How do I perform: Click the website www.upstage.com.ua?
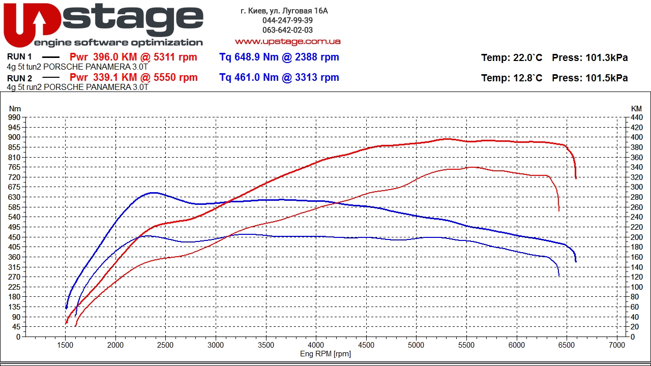(x=287, y=42)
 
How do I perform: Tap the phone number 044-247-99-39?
(x=287, y=20)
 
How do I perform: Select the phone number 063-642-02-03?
(x=287, y=30)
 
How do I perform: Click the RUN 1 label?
(x=19, y=56)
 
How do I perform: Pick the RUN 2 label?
(x=19, y=78)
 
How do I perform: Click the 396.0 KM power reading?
(x=115, y=57)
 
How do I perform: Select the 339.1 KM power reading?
(x=115, y=77)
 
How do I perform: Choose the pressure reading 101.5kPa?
(x=607, y=78)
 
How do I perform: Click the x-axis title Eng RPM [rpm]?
(x=325, y=354)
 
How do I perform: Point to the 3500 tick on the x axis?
(x=266, y=345)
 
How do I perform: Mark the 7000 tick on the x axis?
(x=617, y=345)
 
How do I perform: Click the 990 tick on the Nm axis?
(x=14, y=117)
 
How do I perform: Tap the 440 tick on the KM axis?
(x=636, y=117)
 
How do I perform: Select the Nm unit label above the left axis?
(x=15, y=109)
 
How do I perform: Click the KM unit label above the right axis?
(x=636, y=109)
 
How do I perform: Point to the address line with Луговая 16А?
(x=284, y=11)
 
